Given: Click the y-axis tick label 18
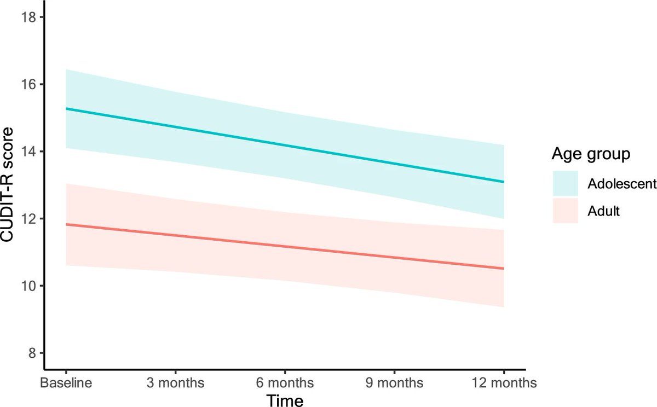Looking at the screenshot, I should [28, 18].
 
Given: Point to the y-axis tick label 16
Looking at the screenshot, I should [28, 85].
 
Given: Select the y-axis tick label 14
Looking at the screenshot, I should [28, 152].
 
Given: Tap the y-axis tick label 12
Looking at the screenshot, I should [28, 219].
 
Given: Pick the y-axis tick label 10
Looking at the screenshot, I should [28, 286].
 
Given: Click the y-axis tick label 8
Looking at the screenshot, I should [31, 353].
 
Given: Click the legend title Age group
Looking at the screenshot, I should [589, 155].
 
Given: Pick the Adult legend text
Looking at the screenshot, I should [604, 211].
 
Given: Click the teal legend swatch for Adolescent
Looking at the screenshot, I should [565, 183].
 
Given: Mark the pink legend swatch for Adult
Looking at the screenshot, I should [565, 211].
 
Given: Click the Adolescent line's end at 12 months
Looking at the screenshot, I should [503, 182].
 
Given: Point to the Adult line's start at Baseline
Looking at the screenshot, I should [66, 224].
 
